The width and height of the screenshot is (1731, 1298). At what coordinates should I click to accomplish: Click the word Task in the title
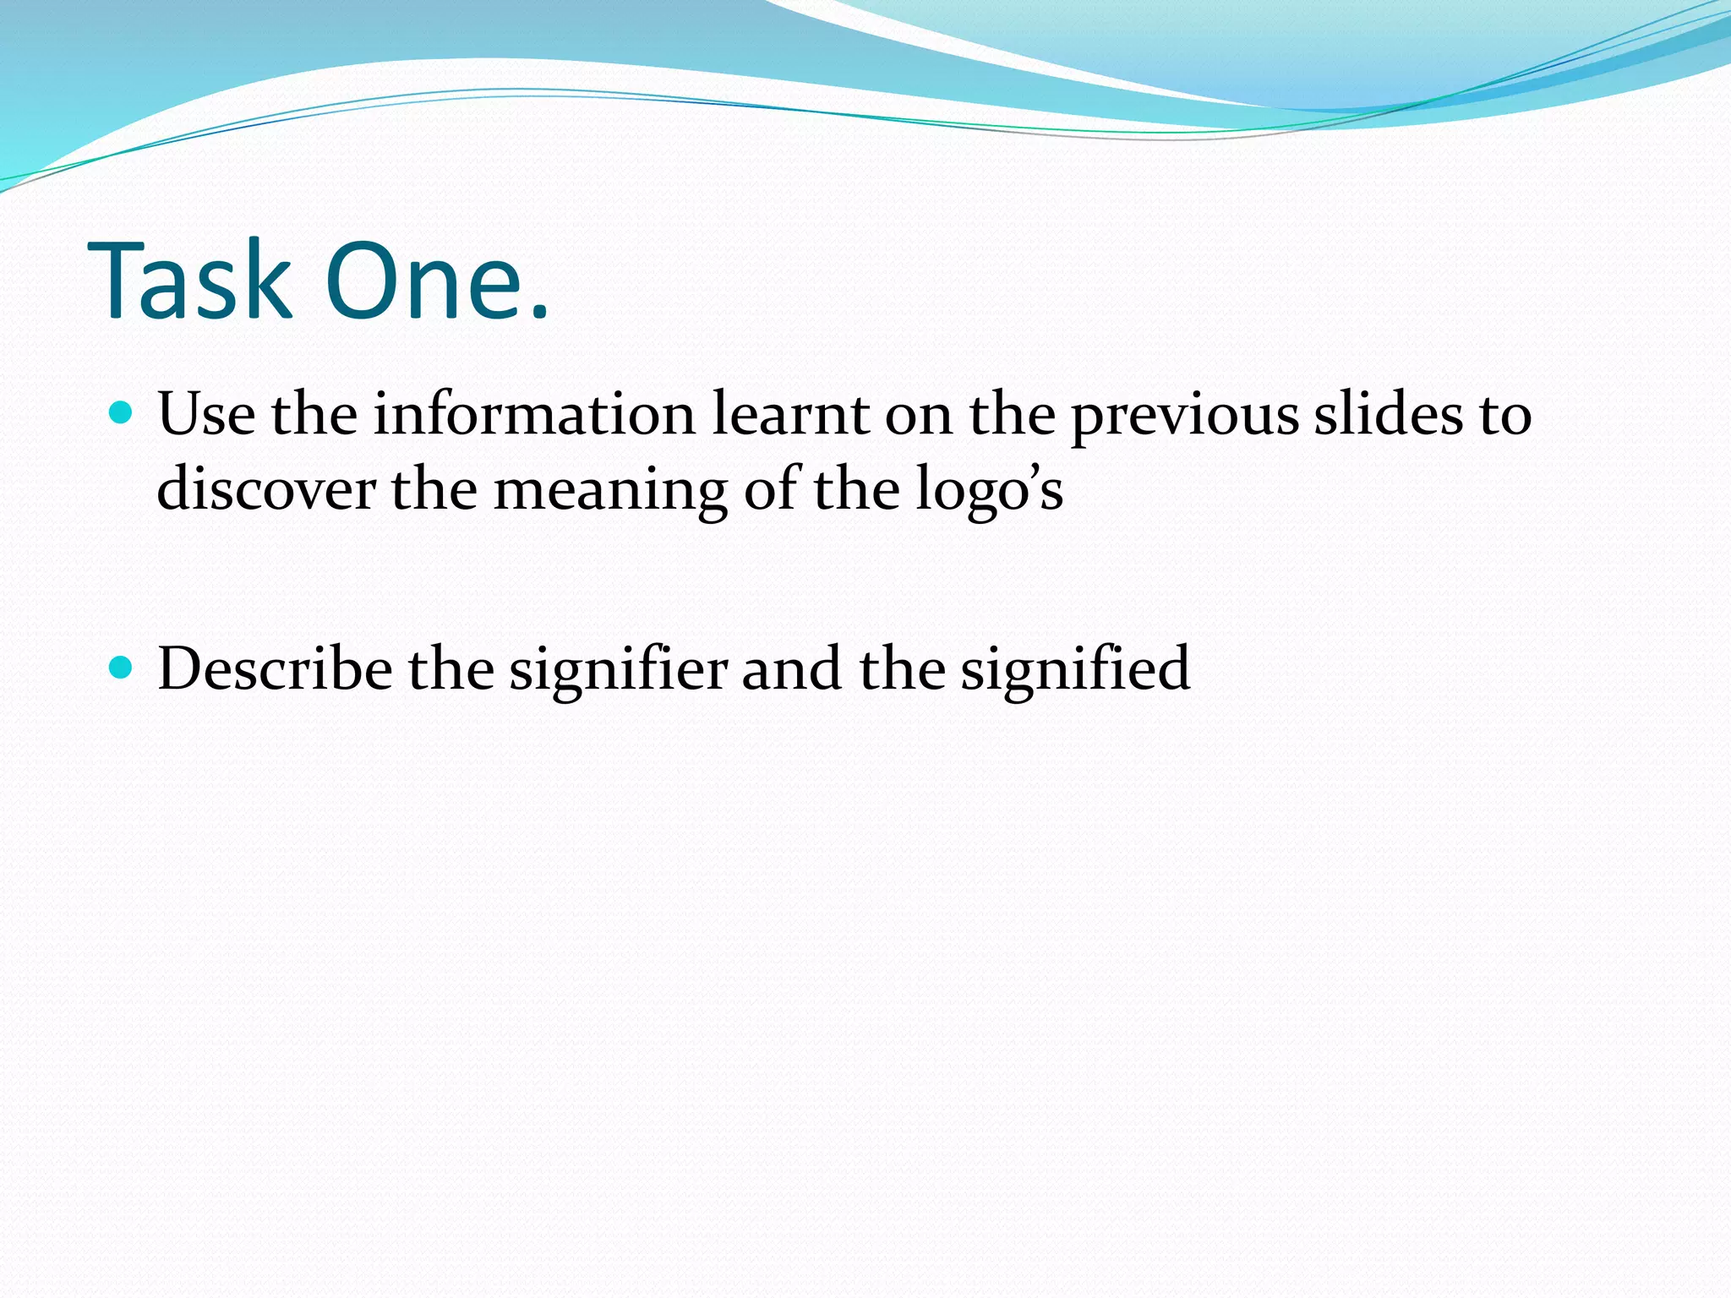pyautogui.click(x=189, y=281)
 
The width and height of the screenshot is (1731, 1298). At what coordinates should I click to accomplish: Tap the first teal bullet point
pyautogui.click(x=122, y=412)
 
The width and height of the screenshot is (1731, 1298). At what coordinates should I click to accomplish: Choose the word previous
pyautogui.click(x=1184, y=416)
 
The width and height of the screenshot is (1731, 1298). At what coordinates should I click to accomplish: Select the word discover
pyautogui.click(x=266, y=489)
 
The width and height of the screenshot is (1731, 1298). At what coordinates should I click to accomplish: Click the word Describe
pyautogui.click(x=275, y=668)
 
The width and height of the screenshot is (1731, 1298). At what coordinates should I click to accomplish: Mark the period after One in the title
pyautogui.click(x=538, y=313)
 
